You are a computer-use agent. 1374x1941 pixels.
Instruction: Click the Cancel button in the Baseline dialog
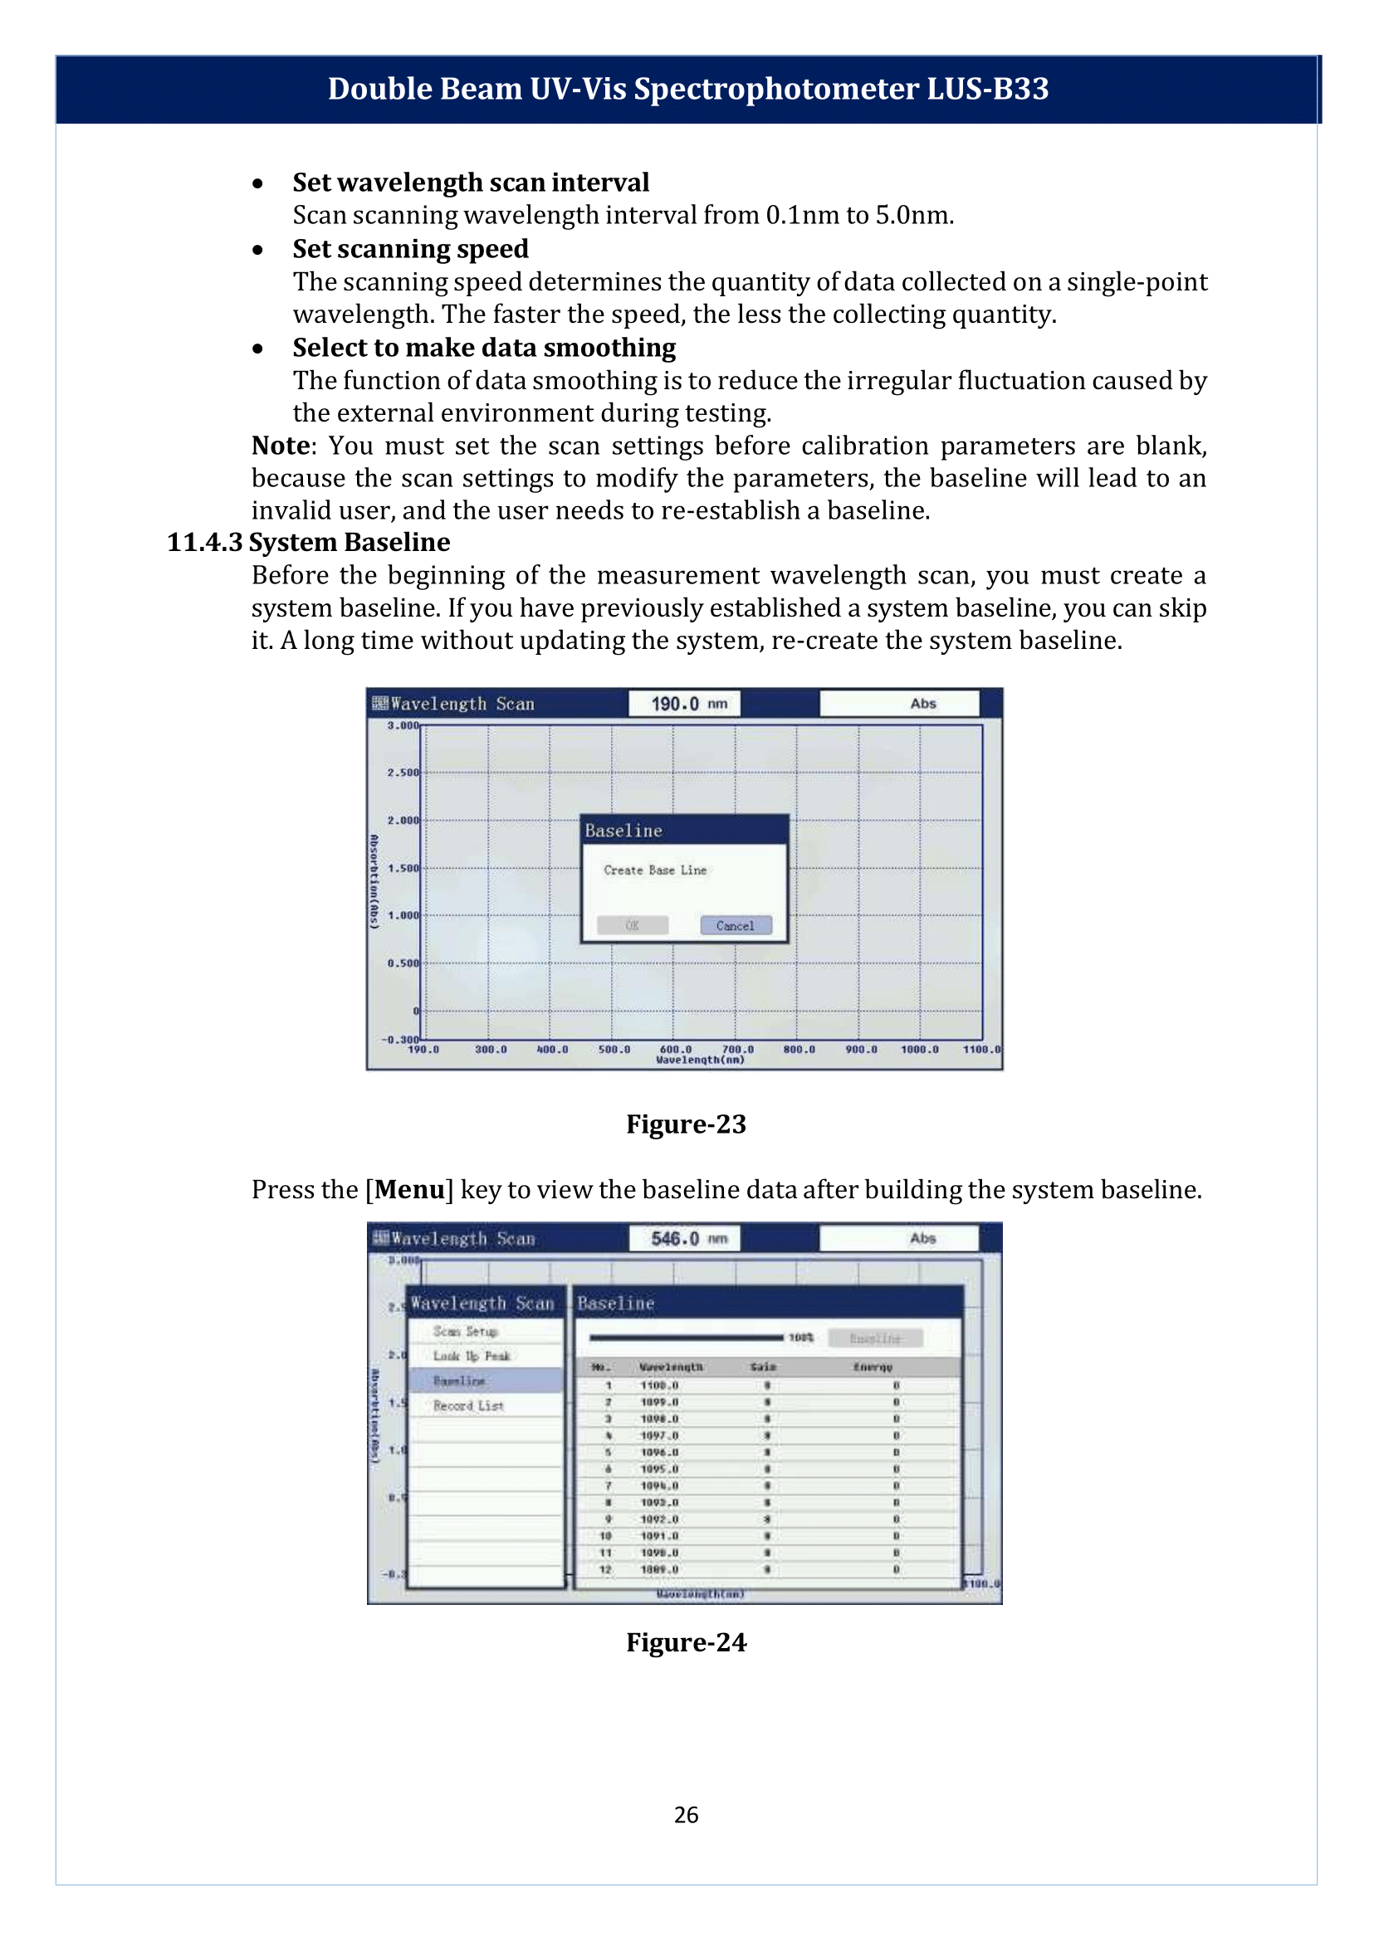[736, 925]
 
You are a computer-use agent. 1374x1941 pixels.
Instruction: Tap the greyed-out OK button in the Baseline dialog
[632, 925]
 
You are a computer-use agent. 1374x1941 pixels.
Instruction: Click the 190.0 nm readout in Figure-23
[684, 704]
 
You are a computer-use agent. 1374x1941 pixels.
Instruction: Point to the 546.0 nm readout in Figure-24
[684, 1238]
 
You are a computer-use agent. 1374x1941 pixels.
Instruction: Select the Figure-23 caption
[685, 1124]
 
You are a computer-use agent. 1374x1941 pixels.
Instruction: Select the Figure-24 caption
[685, 1642]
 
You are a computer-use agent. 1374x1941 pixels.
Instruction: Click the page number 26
[686, 1815]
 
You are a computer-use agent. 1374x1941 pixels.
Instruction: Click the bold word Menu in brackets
[409, 1190]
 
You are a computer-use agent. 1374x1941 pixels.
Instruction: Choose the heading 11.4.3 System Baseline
[308, 542]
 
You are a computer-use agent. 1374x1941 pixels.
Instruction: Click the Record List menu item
[468, 1406]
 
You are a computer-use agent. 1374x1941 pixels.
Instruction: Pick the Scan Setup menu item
[465, 1331]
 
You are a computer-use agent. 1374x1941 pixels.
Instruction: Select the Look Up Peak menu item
[472, 1356]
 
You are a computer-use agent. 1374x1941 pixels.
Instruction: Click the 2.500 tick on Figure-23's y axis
[403, 773]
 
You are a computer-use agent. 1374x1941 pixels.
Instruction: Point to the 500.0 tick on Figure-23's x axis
[614, 1050]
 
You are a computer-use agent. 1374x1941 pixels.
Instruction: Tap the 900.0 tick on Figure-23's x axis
[861, 1050]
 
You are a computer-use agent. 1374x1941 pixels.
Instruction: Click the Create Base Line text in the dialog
[655, 870]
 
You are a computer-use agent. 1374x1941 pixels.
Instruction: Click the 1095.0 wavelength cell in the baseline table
[659, 1469]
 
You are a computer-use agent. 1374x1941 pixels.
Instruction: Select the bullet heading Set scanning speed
[410, 249]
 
